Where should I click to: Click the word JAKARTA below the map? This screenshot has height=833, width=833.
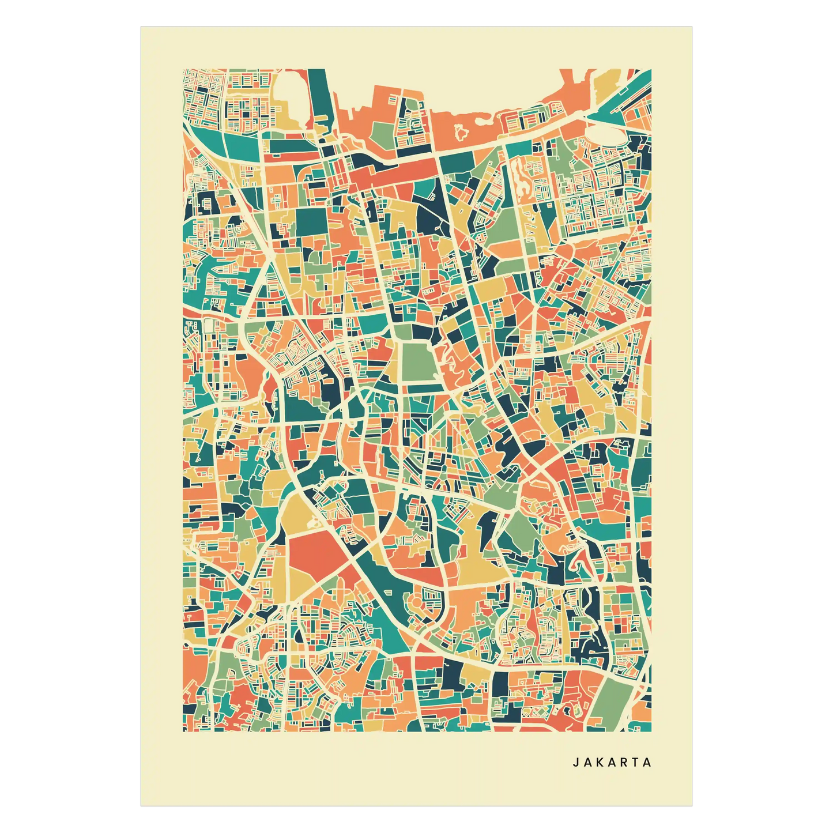[x=612, y=762]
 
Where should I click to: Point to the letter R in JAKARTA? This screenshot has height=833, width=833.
[x=624, y=762]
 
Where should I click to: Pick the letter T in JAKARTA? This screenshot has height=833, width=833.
[x=636, y=762]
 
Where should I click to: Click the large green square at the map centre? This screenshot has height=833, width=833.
[x=420, y=362]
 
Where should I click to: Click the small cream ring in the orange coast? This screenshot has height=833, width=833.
[x=461, y=133]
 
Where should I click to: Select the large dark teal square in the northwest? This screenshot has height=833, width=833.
[x=311, y=222]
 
